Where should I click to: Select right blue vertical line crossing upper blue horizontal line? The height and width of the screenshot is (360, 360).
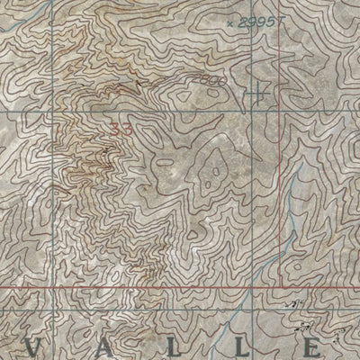(279, 116)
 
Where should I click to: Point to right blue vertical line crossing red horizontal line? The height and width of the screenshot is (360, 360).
(279, 291)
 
